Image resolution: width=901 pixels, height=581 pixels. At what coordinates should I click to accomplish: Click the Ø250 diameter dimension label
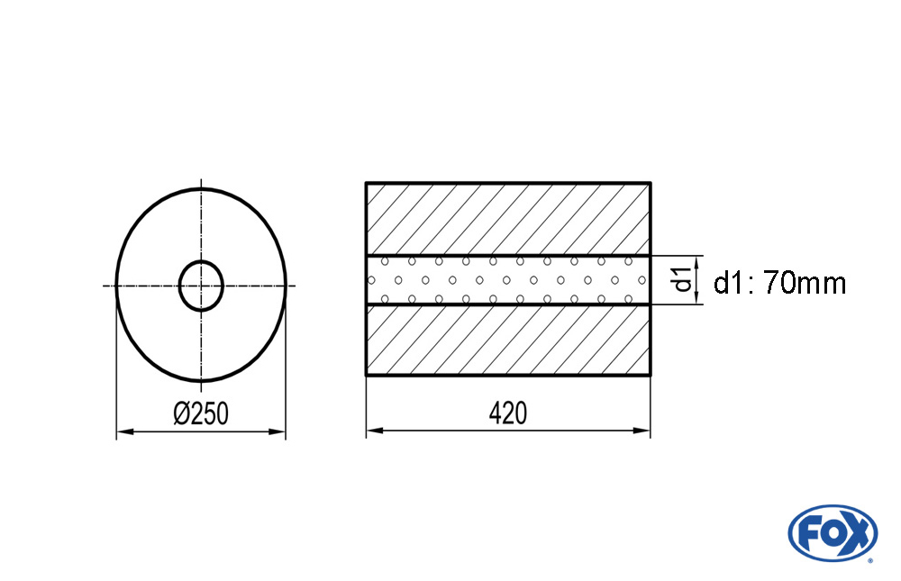pos(201,413)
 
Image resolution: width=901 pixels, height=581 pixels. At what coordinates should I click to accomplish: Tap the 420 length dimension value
pos(508,413)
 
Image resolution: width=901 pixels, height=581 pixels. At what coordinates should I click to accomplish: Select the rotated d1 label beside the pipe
pos(683,280)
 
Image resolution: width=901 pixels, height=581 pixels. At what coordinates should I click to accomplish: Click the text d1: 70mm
pos(779,284)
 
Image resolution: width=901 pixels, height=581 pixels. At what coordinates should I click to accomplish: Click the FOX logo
pos(833,532)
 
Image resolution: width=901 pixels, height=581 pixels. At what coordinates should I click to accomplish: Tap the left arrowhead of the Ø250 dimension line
pos(124,431)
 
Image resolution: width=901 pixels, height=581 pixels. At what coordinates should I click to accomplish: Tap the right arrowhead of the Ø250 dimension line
pos(278,431)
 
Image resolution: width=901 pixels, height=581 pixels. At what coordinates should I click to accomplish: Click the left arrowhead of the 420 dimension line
pos(375,430)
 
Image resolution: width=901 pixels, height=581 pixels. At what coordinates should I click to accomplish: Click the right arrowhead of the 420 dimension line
pos(642,430)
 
